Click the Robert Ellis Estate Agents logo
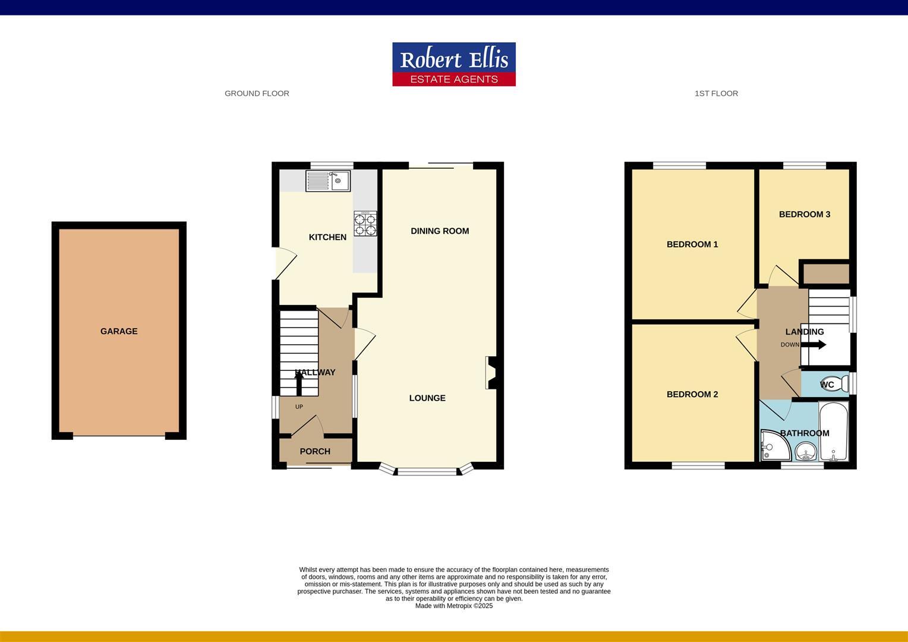tap(453, 64)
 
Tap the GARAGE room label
tap(119, 331)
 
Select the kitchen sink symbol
tap(328, 181)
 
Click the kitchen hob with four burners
tap(365, 224)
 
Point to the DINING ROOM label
tap(440, 231)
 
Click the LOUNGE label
tap(427, 398)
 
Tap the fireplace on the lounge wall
tap(491, 372)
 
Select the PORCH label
tap(315, 451)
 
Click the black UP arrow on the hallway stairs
tap(299, 382)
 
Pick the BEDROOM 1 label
tap(692, 244)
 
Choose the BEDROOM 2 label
tap(692, 394)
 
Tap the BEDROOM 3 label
tap(805, 214)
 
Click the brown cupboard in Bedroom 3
tap(825, 273)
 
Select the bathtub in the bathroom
tap(833, 432)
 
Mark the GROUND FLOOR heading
tap(257, 93)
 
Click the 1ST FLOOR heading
tap(716, 93)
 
